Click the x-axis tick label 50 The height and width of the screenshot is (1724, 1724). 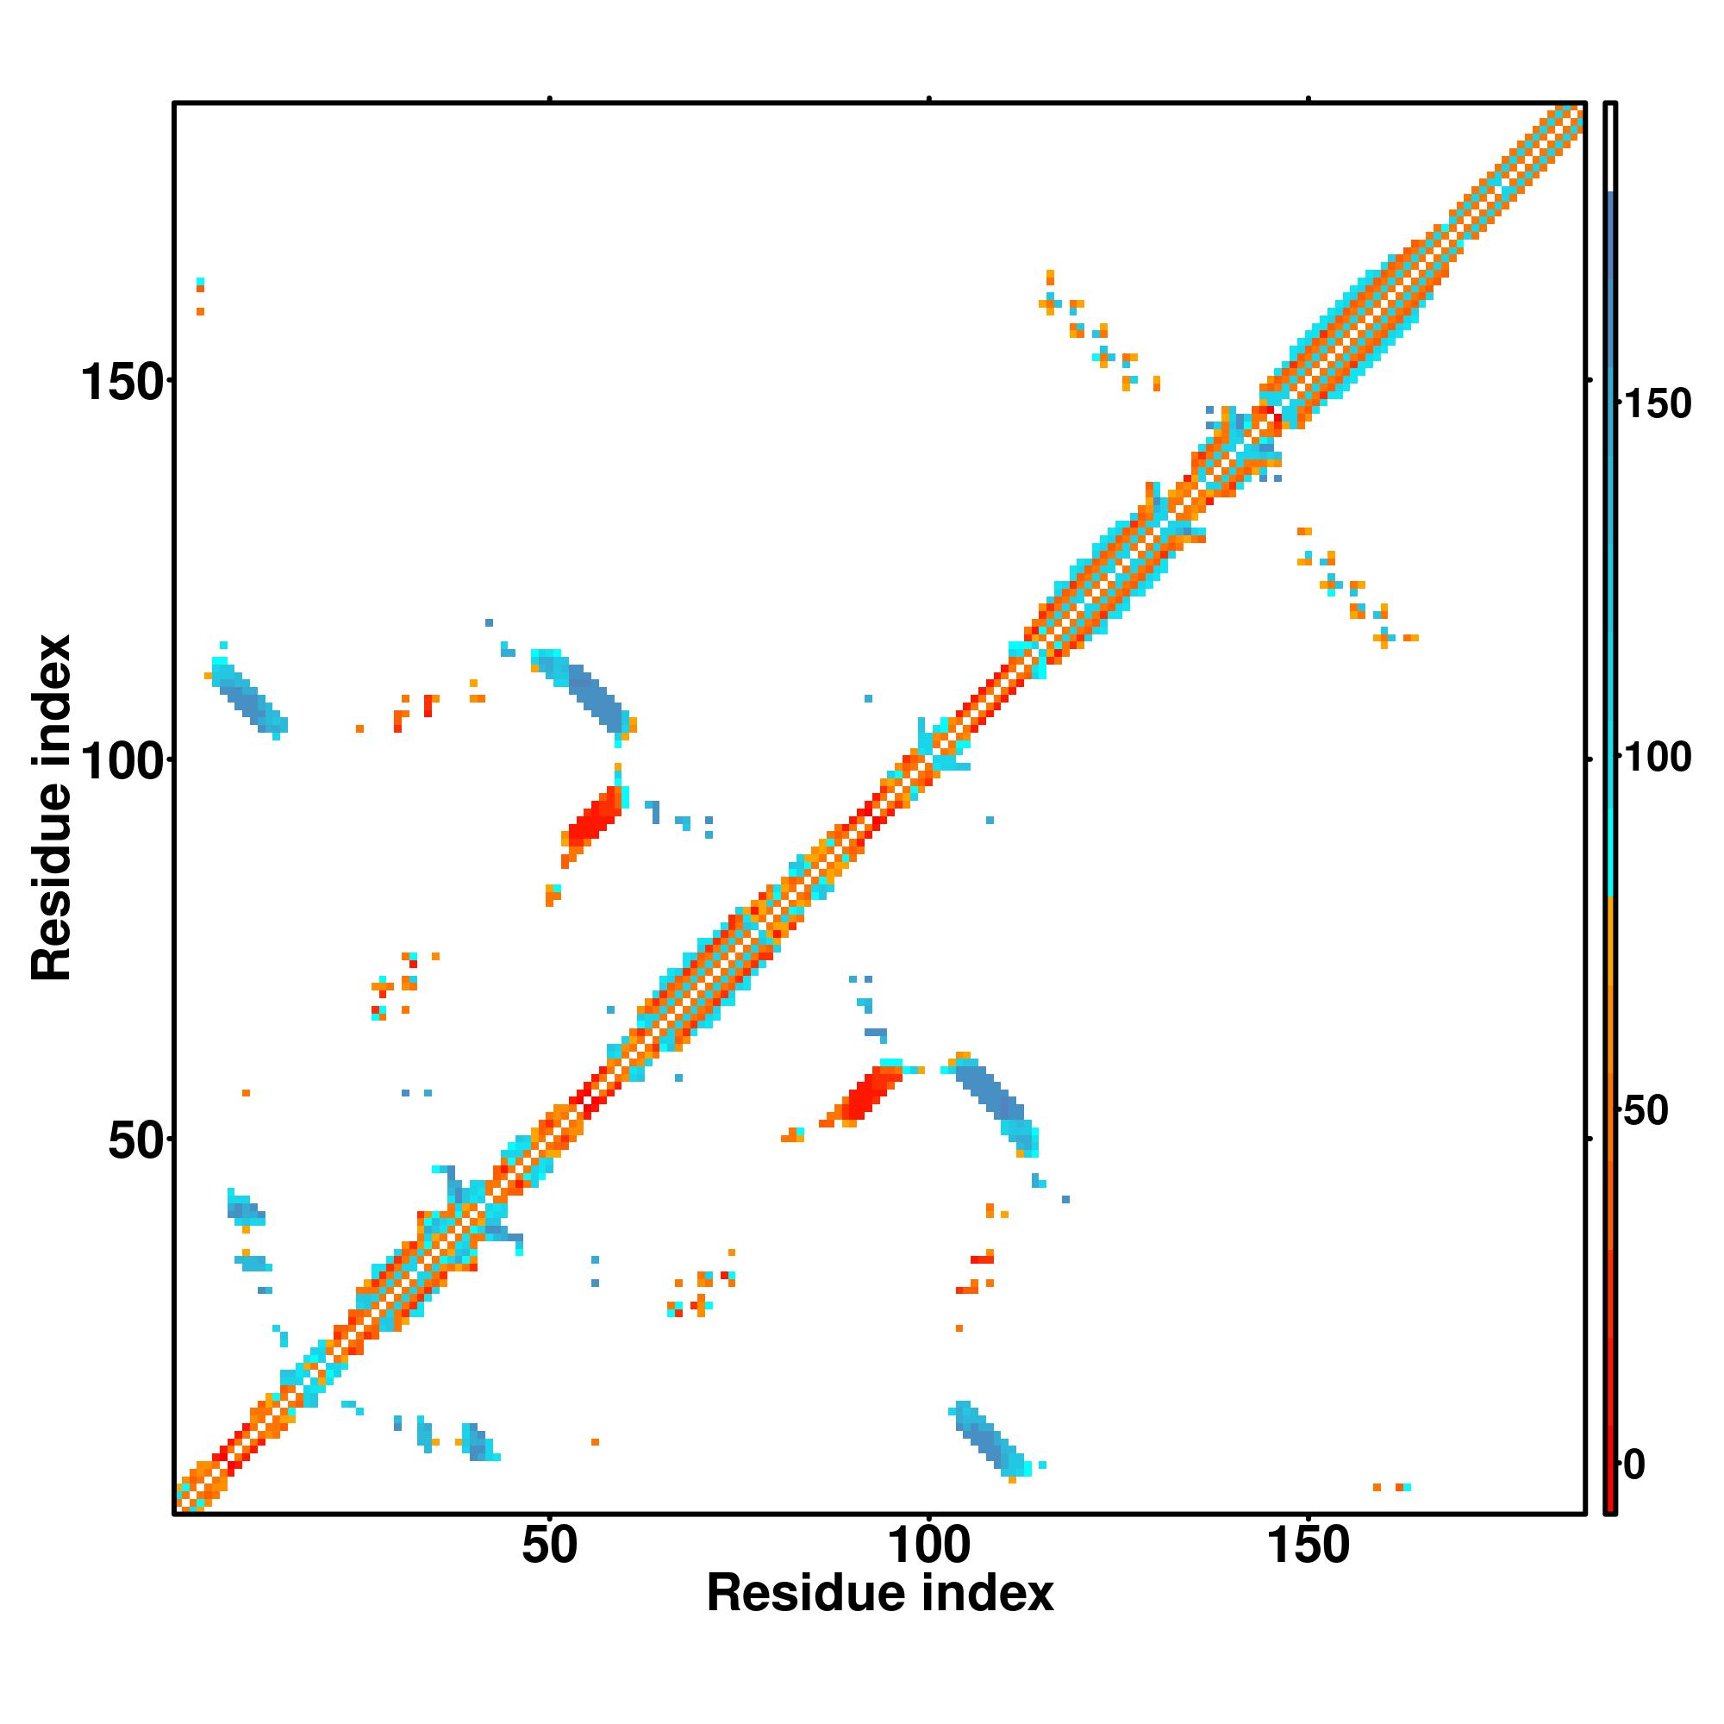(x=549, y=1546)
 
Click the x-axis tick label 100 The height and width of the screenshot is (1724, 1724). (x=929, y=1546)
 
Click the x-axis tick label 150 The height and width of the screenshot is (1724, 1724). (x=1309, y=1546)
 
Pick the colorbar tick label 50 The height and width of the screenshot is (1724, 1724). (x=1646, y=1112)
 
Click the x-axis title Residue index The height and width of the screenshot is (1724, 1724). (x=880, y=1595)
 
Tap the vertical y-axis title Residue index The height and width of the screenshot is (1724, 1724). (x=51, y=808)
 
